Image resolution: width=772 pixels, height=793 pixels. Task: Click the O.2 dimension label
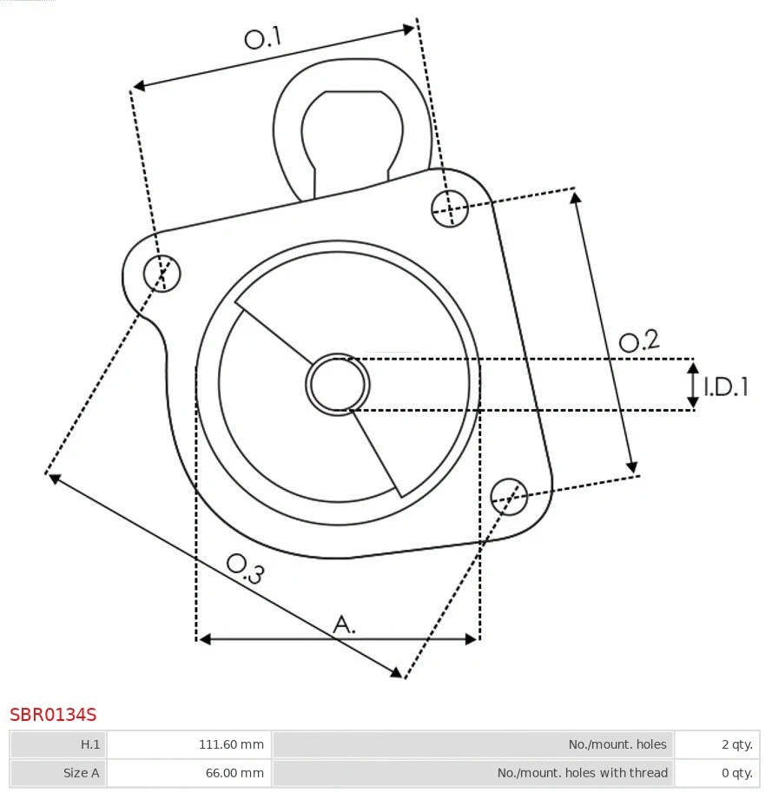[x=638, y=341]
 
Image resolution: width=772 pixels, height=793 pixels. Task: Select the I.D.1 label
[x=726, y=387]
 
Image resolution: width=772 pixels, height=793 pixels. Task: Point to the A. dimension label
[x=345, y=624]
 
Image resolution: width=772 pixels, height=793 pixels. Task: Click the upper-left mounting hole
[x=162, y=274]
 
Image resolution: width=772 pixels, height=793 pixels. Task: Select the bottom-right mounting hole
[x=509, y=495]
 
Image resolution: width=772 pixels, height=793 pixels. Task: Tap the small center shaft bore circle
[x=338, y=384]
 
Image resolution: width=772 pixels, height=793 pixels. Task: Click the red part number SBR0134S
[x=53, y=715]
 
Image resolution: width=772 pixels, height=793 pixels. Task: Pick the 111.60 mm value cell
[x=231, y=744]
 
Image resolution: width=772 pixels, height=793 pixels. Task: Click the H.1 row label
[x=90, y=744]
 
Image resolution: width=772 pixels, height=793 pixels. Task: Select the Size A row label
[x=82, y=772]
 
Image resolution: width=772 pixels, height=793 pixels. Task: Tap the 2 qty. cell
[x=736, y=744]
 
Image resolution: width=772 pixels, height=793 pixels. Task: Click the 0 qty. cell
[x=736, y=772]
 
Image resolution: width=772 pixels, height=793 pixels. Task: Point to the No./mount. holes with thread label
[x=582, y=772]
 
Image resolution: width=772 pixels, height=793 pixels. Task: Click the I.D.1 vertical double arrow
[x=693, y=386]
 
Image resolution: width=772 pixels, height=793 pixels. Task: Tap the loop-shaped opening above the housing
[x=352, y=130]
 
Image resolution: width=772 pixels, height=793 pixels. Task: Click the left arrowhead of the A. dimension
[x=205, y=639]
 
